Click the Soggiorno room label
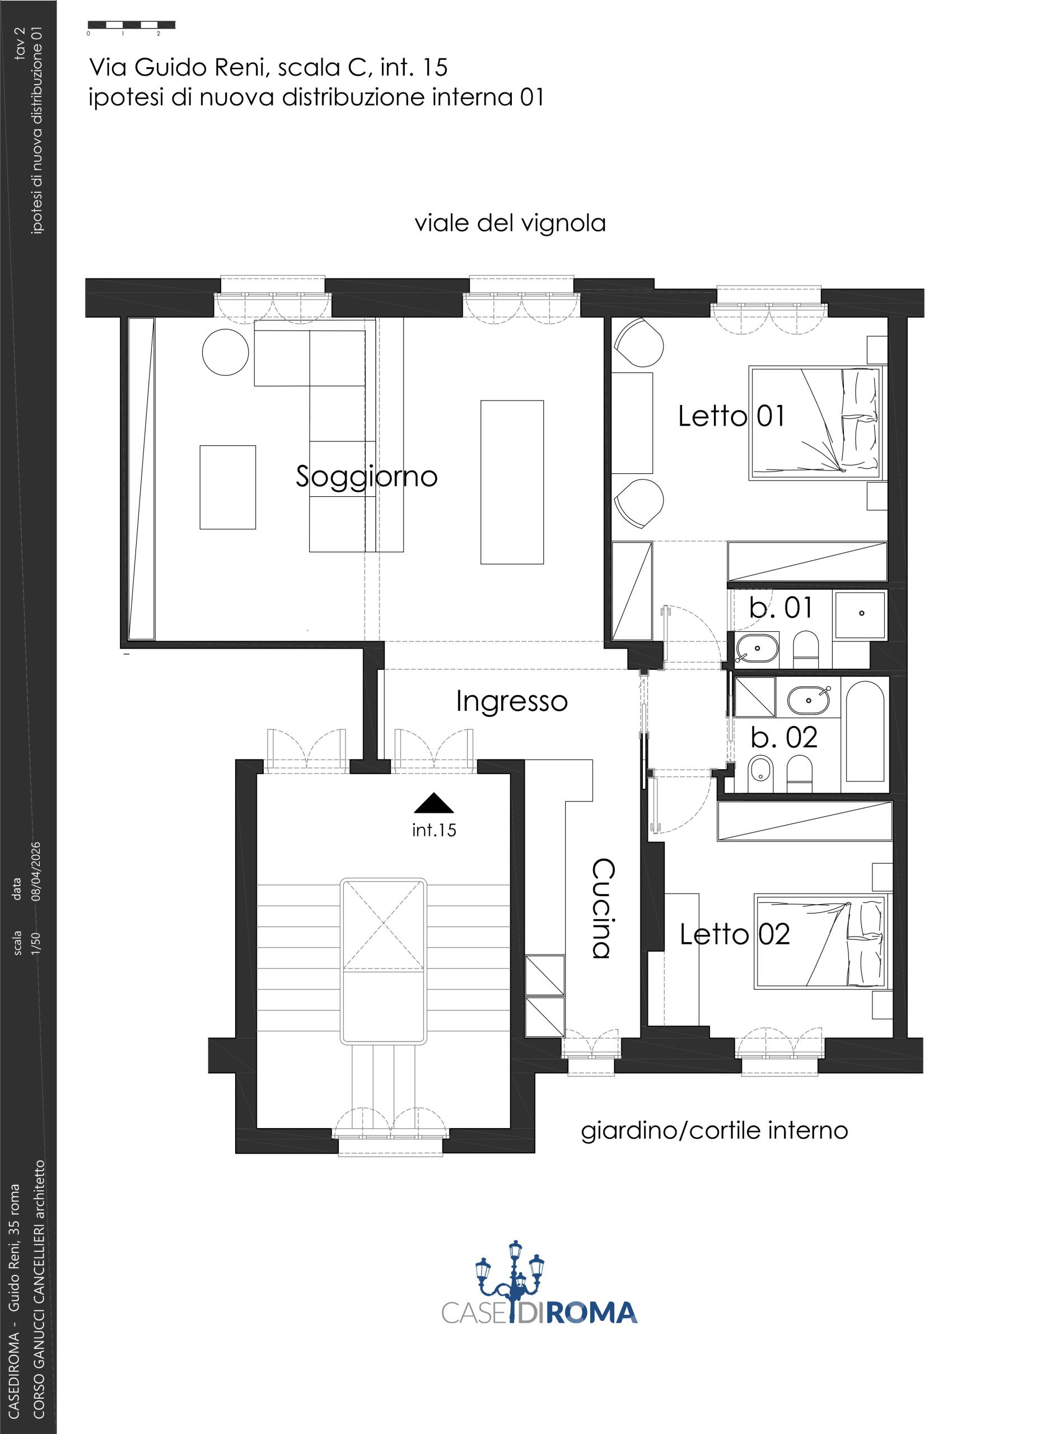click(367, 477)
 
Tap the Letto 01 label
click(731, 417)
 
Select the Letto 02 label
click(735, 934)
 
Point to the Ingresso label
click(512, 702)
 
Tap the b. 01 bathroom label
click(781, 608)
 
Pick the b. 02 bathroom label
click(785, 737)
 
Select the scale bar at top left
click(132, 26)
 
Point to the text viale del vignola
click(510, 223)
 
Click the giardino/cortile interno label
click(714, 1130)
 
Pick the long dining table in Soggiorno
click(512, 482)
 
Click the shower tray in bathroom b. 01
click(860, 614)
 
